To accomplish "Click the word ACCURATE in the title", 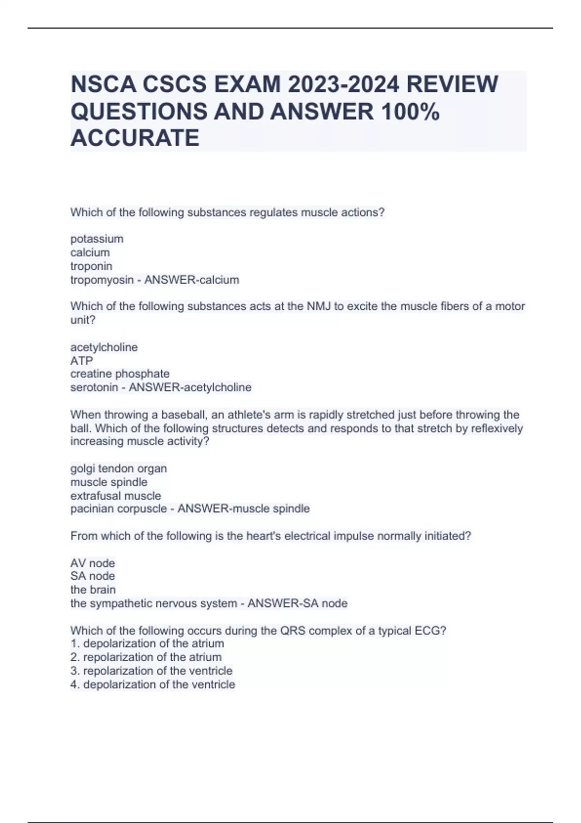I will click(135, 137).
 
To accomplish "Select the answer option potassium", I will click(97, 239).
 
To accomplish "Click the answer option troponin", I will click(91, 266).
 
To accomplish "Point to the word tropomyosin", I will click(102, 280).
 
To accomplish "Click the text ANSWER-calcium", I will click(192, 280).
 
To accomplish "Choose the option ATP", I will click(81, 361).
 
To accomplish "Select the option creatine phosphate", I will click(120, 374).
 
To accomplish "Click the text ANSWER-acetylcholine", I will click(190, 387).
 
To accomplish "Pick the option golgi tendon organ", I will click(119, 469).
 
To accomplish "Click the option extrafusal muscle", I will click(115, 496).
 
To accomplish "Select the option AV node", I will click(92, 563).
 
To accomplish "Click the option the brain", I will click(93, 590).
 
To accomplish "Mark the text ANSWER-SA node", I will click(297, 603).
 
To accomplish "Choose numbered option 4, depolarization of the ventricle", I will click(153, 685).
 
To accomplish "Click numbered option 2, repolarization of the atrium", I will click(146, 657).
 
